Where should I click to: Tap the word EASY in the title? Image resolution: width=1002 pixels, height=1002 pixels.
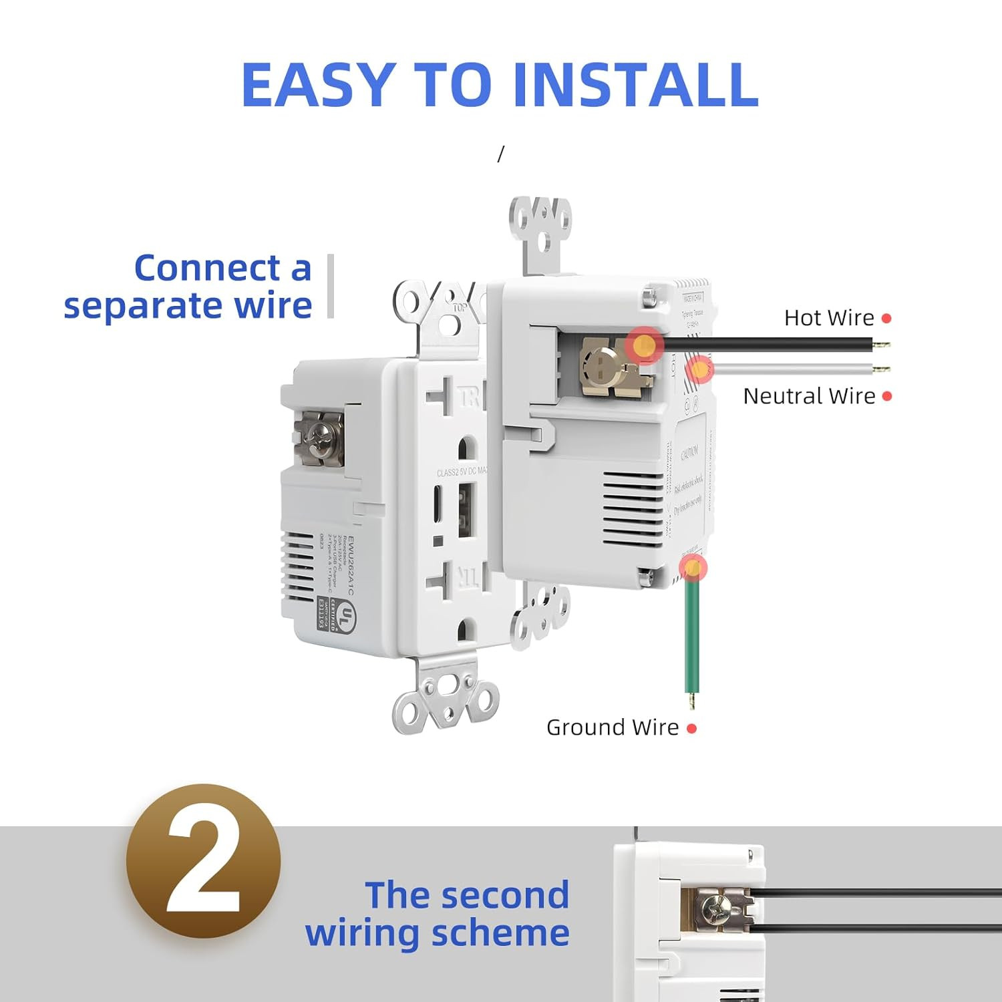317,85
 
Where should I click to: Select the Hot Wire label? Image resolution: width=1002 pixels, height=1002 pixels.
828,318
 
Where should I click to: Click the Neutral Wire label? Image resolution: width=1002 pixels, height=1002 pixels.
808,396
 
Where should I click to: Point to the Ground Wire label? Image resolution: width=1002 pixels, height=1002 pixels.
612,727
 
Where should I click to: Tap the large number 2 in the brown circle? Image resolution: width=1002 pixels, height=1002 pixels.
203,862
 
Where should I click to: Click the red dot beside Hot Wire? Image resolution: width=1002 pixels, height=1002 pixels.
886,319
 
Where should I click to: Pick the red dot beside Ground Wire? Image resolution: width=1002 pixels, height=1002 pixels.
691,729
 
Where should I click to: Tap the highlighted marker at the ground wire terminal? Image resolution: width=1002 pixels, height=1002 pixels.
693,568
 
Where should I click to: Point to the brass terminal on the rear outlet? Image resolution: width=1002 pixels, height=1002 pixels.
608,367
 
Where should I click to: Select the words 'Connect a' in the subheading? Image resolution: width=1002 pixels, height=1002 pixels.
222,268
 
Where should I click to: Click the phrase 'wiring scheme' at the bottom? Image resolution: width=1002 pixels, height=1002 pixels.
437,933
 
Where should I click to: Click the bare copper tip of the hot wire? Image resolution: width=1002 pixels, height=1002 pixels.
882,345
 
